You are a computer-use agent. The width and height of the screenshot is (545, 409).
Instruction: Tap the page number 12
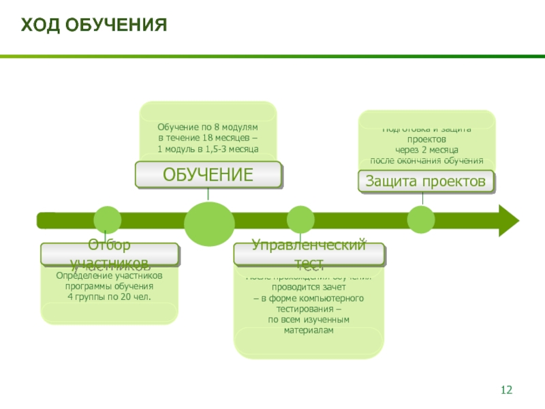tap(506, 390)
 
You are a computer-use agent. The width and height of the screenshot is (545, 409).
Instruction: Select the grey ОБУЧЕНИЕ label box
tap(208, 175)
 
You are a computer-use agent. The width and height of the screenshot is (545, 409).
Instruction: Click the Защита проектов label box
tap(426, 181)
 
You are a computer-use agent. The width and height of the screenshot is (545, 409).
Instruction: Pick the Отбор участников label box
tap(110, 254)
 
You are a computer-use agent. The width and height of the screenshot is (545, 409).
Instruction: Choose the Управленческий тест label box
tap(309, 254)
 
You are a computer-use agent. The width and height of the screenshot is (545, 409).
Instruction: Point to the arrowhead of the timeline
tap(508, 220)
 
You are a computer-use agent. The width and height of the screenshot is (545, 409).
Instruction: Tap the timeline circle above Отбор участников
tap(107, 219)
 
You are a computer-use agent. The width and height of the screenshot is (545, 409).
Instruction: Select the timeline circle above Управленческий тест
tap(300, 219)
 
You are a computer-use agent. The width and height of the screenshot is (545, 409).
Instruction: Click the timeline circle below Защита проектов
tap(420, 219)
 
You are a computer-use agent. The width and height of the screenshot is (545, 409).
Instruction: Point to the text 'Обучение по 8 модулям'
tap(208, 127)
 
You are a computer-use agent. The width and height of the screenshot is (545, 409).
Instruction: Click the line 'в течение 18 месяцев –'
tap(208, 138)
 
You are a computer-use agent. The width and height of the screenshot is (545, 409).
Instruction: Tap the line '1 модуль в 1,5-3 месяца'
tap(208, 149)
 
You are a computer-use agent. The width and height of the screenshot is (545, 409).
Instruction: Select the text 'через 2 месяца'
tap(426, 149)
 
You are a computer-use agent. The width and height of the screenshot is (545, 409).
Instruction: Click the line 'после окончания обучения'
tap(426, 161)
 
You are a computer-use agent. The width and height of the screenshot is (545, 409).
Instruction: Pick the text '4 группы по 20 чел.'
tap(109, 298)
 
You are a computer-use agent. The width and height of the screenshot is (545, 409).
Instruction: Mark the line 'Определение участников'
tap(109, 276)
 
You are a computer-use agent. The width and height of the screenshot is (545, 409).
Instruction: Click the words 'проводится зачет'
tap(309, 288)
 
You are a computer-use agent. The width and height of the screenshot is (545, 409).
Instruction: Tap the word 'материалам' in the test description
tap(309, 331)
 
